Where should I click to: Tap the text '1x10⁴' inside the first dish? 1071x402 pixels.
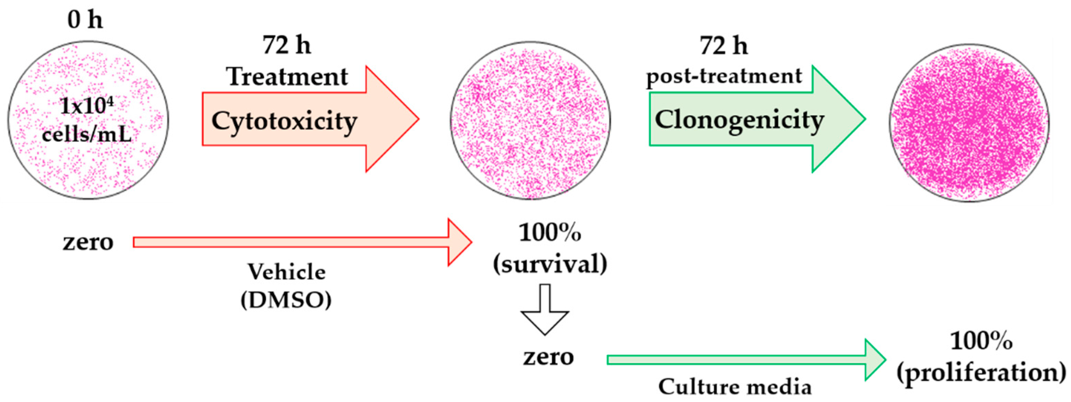click(x=86, y=106)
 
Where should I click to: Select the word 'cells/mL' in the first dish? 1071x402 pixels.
click(x=86, y=134)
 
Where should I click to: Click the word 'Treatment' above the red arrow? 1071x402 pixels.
click(x=287, y=77)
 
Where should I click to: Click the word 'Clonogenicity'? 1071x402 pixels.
click(x=739, y=121)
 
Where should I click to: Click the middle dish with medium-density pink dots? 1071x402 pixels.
click(x=530, y=121)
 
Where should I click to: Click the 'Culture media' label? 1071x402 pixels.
click(x=735, y=387)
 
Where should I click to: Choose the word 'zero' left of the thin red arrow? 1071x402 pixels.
click(x=88, y=242)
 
